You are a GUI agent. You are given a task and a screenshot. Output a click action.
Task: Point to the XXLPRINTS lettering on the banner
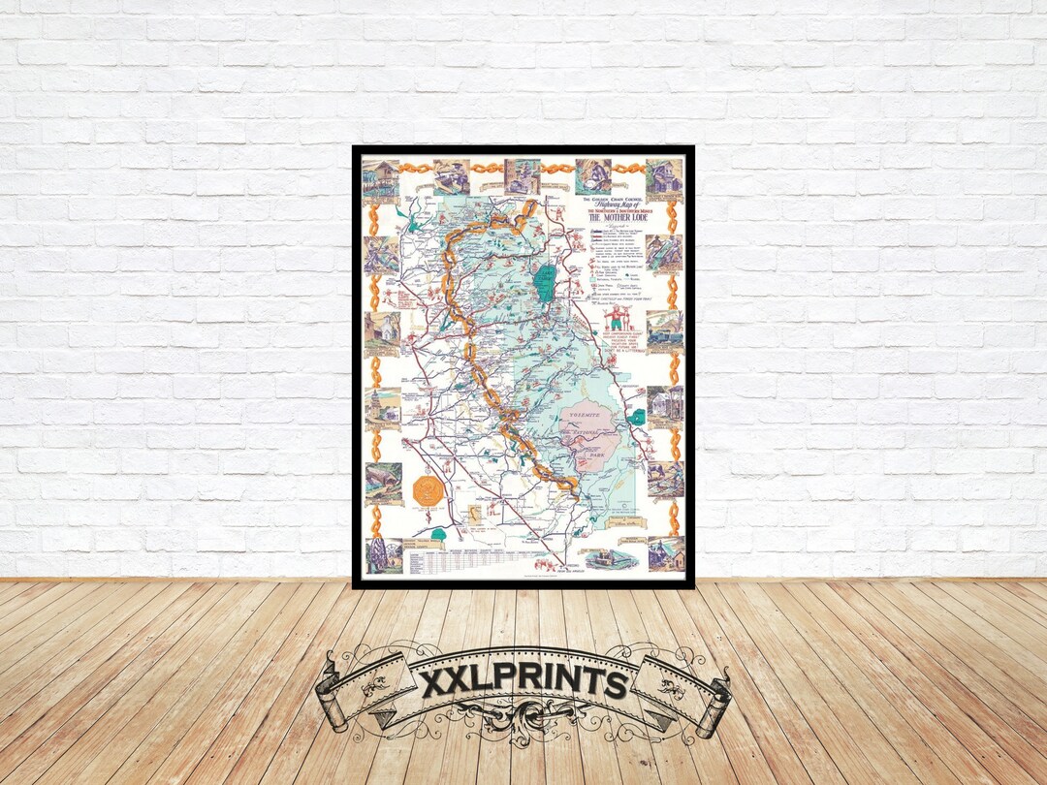[523, 683]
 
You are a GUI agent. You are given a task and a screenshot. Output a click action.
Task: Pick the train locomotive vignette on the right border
[665, 330]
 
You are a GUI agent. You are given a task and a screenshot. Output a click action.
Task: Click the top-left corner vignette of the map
[381, 179]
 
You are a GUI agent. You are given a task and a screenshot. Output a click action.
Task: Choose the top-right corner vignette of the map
[664, 177]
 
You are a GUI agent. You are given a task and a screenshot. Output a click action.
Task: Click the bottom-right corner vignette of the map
[665, 553]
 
